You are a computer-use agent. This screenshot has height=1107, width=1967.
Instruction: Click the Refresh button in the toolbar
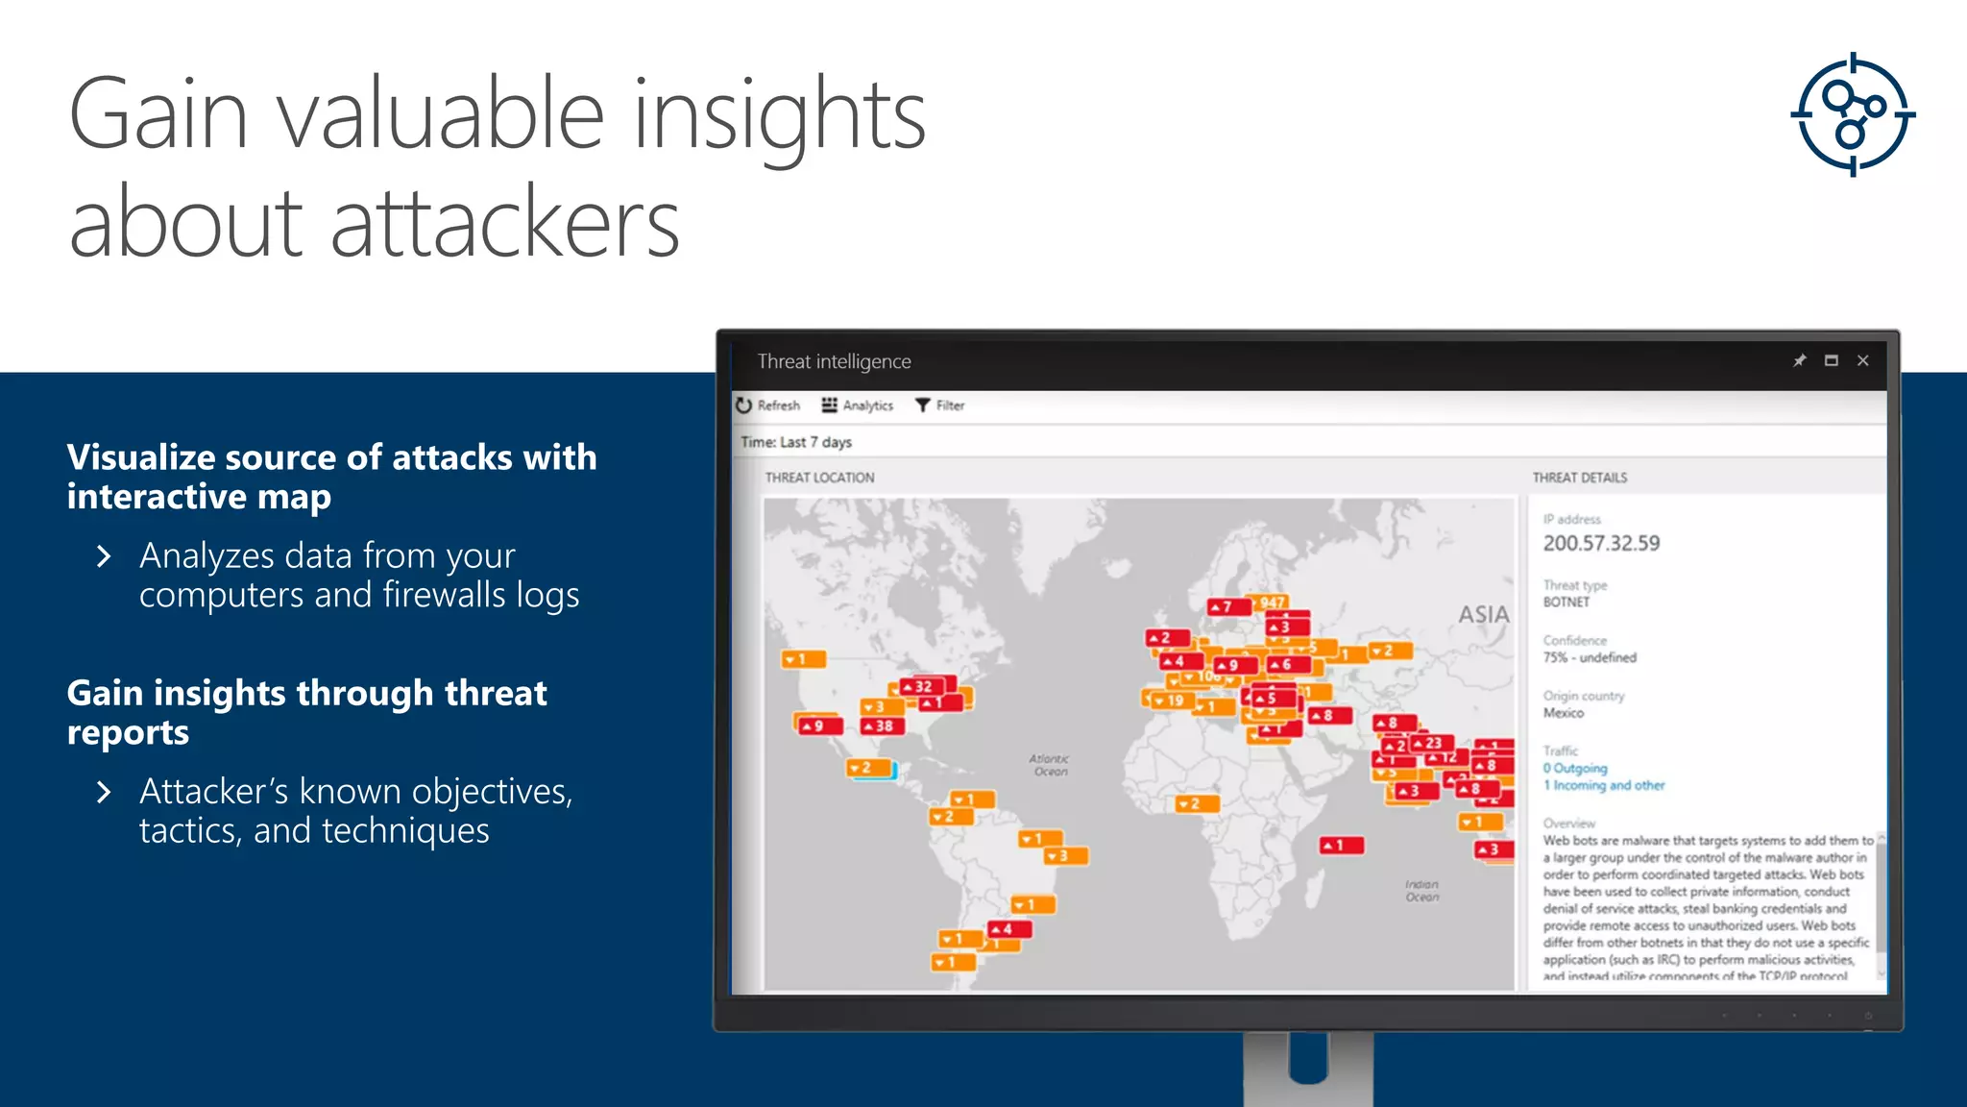tap(768, 406)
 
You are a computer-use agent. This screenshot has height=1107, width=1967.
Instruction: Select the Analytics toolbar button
tap(858, 406)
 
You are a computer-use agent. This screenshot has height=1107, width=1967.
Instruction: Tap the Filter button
tap(940, 406)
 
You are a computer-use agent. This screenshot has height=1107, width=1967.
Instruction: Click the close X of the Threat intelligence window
tap(1863, 360)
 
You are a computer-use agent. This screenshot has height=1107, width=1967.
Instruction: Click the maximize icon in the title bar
tap(1832, 360)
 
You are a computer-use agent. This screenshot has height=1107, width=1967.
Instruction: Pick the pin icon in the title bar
tap(1799, 360)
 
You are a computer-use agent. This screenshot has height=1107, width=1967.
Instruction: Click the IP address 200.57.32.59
tap(1601, 543)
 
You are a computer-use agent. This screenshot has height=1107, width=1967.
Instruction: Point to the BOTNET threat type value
tap(1566, 603)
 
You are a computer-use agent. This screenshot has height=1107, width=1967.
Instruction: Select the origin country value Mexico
tap(1564, 713)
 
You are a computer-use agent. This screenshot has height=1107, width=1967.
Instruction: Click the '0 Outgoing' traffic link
tap(1575, 768)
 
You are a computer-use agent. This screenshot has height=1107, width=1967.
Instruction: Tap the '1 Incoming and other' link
tap(1604, 785)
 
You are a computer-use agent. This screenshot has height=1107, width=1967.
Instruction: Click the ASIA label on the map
tap(1484, 614)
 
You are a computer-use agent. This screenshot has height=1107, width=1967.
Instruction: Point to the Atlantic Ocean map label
tap(1050, 765)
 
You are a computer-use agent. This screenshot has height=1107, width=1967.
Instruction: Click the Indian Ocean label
tap(1422, 891)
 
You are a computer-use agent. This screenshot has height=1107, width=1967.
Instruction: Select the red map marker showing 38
tap(879, 726)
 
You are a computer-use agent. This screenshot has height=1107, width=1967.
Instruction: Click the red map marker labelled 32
tap(919, 687)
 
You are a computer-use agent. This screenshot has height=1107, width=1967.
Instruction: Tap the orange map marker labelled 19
tap(1170, 701)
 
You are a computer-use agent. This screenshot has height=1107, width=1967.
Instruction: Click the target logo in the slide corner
tap(1853, 115)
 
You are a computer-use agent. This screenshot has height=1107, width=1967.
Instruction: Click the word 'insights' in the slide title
tap(779, 115)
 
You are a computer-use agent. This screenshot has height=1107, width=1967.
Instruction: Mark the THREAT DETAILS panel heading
tap(1580, 478)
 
